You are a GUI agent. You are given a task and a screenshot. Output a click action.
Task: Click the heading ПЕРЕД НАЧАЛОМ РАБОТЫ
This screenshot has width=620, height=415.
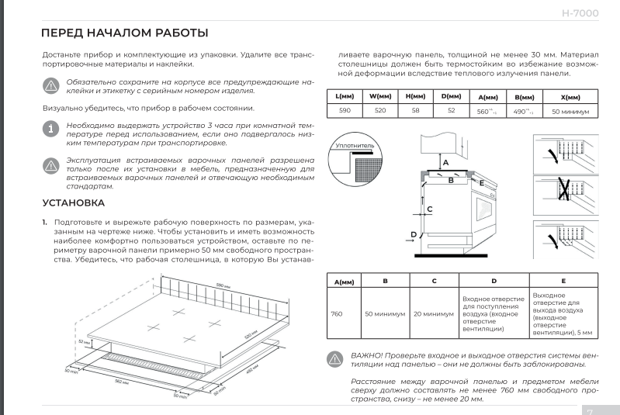124,33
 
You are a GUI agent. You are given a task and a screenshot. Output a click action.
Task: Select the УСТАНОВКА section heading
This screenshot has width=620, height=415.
72,203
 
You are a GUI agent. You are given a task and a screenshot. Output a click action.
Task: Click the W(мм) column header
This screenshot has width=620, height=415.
380,97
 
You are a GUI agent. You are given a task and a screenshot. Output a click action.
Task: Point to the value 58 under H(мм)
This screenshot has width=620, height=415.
415,112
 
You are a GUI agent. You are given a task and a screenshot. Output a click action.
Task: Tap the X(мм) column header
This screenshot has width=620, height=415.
570,98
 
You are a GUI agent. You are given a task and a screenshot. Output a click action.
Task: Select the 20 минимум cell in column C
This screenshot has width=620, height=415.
434,314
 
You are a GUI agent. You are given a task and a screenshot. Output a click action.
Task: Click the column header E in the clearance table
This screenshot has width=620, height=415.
563,280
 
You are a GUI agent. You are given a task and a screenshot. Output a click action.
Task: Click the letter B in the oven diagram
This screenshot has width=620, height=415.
450,179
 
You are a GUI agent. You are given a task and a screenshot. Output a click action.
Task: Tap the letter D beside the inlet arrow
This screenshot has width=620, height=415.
414,234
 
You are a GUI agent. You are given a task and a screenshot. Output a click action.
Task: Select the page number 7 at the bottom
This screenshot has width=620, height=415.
590,412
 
